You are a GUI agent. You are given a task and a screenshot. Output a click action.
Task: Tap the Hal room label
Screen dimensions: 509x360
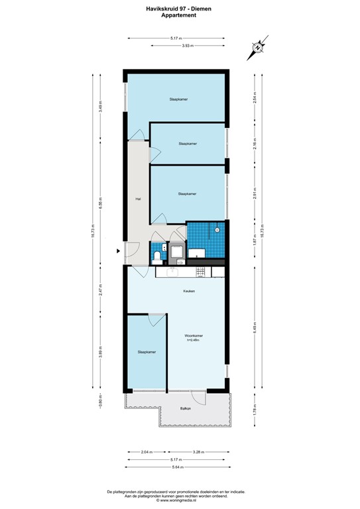pos(138,198)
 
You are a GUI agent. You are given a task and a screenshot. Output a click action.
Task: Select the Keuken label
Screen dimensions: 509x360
pos(189,291)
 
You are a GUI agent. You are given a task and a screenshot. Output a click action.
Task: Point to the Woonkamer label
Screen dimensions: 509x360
pos(194,337)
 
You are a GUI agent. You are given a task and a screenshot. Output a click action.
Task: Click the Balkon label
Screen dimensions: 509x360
pos(186,409)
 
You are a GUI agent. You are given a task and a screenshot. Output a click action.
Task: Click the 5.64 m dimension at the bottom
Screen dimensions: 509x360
pos(176,467)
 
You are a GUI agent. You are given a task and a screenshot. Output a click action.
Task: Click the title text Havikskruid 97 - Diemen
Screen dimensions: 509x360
pos(178,9)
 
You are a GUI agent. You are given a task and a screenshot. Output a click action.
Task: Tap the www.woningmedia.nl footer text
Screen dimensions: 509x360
pos(178,501)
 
